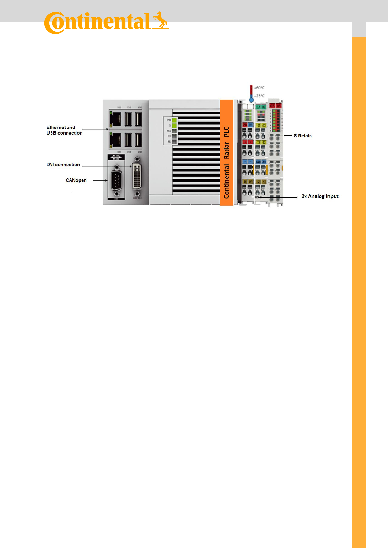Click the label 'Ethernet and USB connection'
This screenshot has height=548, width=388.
click(64, 130)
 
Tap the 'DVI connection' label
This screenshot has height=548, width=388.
click(63, 165)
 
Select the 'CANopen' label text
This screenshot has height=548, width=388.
click(76, 180)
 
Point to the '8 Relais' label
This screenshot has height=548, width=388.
click(303, 136)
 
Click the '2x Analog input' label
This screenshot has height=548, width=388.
click(320, 196)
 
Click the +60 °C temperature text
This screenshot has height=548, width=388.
click(260, 88)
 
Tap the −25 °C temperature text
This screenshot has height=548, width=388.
click(260, 96)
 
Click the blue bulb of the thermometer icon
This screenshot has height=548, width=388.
click(251, 100)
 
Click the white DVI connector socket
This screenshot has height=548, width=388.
click(137, 176)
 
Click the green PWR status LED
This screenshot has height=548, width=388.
click(174, 120)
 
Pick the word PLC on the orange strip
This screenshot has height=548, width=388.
click(227, 132)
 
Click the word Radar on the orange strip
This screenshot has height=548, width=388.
click(227, 151)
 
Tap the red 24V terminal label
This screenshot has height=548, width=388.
click(245, 125)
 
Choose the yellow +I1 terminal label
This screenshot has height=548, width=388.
click(258, 125)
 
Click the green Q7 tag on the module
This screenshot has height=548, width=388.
click(258, 107)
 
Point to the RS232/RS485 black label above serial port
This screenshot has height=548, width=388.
click(116, 157)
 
